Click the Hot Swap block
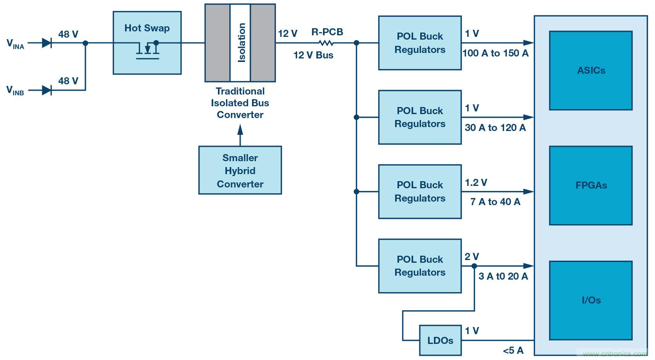147,42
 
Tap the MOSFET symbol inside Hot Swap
147,50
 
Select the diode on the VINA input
47,43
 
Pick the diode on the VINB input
47,90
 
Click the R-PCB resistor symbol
326,43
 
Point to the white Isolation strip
240,42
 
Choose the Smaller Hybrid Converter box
240,170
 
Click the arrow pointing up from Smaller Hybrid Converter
240,133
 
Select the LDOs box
440,340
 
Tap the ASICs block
590,71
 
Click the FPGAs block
590,185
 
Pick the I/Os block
590,300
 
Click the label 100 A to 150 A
495,53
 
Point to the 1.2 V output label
476,182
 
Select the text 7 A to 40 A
495,202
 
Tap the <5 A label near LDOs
513,350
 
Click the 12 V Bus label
313,55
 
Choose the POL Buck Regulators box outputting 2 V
420,266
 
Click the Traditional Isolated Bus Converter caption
240,103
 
